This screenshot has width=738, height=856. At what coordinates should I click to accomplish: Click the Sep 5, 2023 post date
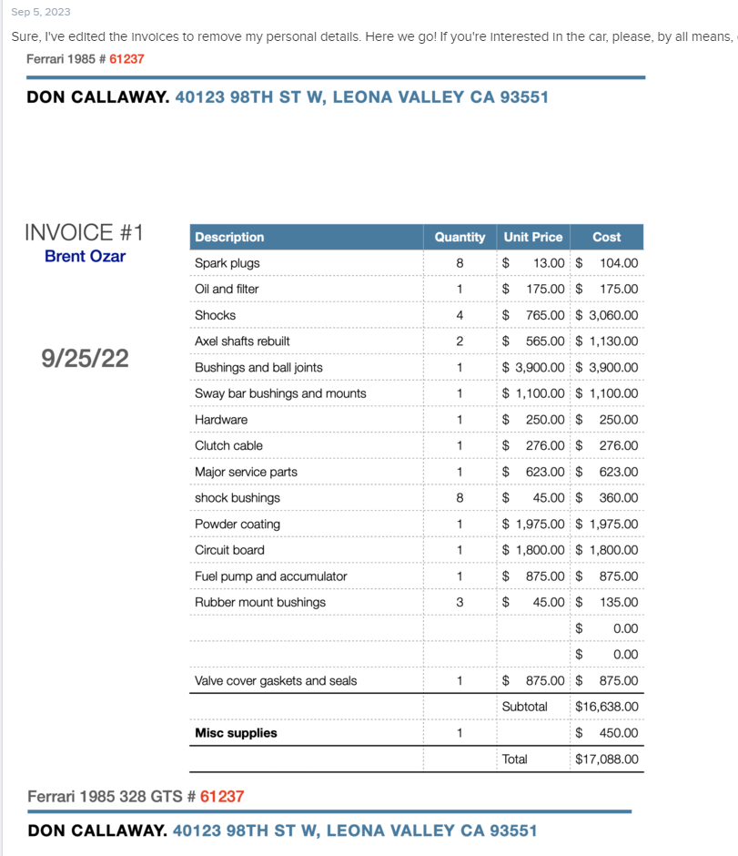pyautogui.click(x=40, y=12)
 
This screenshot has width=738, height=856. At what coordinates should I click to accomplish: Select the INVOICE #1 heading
pyautogui.click(x=84, y=232)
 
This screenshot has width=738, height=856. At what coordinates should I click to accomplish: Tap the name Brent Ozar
pyautogui.click(x=85, y=257)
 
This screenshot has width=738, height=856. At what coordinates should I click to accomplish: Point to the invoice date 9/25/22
pyautogui.click(x=86, y=358)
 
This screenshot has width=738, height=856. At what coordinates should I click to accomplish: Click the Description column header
pyautogui.click(x=229, y=237)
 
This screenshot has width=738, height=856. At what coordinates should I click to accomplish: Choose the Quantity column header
pyautogui.click(x=460, y=237)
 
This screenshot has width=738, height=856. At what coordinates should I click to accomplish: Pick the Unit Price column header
pyautogui.click(x=533, y=237)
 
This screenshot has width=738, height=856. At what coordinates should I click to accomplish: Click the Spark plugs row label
pyautogui.click(x=227, y=263)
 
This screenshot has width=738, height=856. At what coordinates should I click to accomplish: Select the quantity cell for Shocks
pyautogui.click(x=460, y=315)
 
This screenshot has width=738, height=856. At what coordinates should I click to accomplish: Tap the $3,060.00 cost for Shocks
pyautogui.click(x=607, y=315)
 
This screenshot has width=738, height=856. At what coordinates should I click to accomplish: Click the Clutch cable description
pyautogui.click(x=228, y=445)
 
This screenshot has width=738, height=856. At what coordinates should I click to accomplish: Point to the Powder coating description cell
pyautogui.click(x=238, y=524)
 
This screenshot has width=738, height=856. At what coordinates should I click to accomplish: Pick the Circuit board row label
pyautogui.click(x=229, y=550)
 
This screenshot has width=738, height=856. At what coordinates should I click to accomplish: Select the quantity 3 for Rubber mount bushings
pyautogui.click(x=460, y=602)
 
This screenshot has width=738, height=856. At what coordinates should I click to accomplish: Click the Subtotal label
pyautogui.click(x=525, y=707)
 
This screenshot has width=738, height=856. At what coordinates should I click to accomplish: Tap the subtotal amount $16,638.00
pyautogui.click(x=607, y=707)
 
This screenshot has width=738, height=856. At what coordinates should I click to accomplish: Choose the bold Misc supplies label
pyautogui.click(x=236, y=733)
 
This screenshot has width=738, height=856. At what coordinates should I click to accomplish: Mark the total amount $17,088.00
pyautogui.click(x=607, y=759)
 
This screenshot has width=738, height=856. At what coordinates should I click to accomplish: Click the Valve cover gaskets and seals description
pyautogui.click(x=276, y=680)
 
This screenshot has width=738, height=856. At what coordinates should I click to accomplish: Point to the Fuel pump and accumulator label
pyautogui.click(x=258, y=576)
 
